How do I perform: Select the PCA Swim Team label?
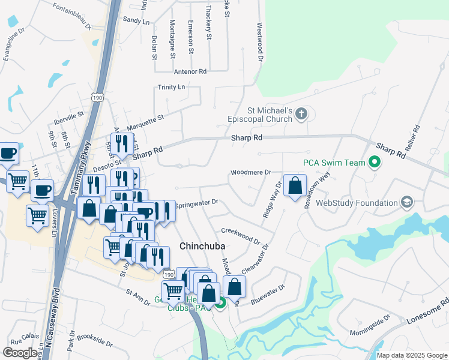pos(334,163)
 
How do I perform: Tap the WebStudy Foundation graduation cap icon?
pos(408,202)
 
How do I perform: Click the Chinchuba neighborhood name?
pos(202,246)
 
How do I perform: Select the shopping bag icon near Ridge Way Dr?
pos(295,187)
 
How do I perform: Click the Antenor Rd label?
pos(190,71)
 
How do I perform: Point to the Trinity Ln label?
pos(171,87)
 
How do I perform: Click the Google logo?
pos(20,353)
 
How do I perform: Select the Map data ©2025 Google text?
pos(411,355)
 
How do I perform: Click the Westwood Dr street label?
pos(261,43)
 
